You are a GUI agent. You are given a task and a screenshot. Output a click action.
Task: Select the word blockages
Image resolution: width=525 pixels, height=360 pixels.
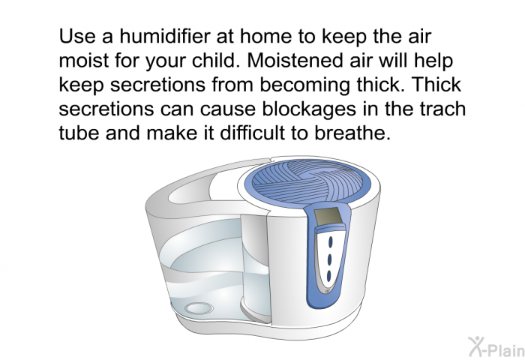309,110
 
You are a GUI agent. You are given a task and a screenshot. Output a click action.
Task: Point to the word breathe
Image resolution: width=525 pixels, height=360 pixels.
352,133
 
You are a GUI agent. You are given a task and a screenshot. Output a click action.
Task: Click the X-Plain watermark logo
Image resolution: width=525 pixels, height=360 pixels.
496,346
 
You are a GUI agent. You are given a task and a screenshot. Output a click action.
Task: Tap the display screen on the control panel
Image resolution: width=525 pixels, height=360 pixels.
328,216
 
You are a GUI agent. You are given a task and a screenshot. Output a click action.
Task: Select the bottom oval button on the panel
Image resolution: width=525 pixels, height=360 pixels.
328,276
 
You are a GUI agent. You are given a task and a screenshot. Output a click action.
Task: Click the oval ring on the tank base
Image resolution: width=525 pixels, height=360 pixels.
199,308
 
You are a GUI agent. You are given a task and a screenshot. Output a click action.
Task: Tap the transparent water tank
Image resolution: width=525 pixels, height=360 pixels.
214,268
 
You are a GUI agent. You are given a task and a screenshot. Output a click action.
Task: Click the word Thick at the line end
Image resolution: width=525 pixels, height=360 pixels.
436,85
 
